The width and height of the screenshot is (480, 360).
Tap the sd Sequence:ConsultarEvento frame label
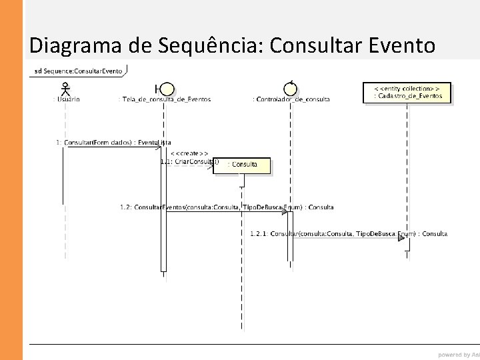coord(77,71)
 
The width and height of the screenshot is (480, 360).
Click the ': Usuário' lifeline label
coord(66,99)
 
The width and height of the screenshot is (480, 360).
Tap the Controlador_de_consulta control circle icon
coord(290,88)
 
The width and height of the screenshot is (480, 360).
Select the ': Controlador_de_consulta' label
coord(291,99)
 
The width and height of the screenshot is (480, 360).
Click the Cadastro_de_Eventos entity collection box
coord(407,92)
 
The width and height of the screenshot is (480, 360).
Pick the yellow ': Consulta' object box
coord(242,165)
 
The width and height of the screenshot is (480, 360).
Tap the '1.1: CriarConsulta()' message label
coord(189,161)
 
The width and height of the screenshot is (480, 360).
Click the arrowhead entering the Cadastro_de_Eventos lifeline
coord(401,237)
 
